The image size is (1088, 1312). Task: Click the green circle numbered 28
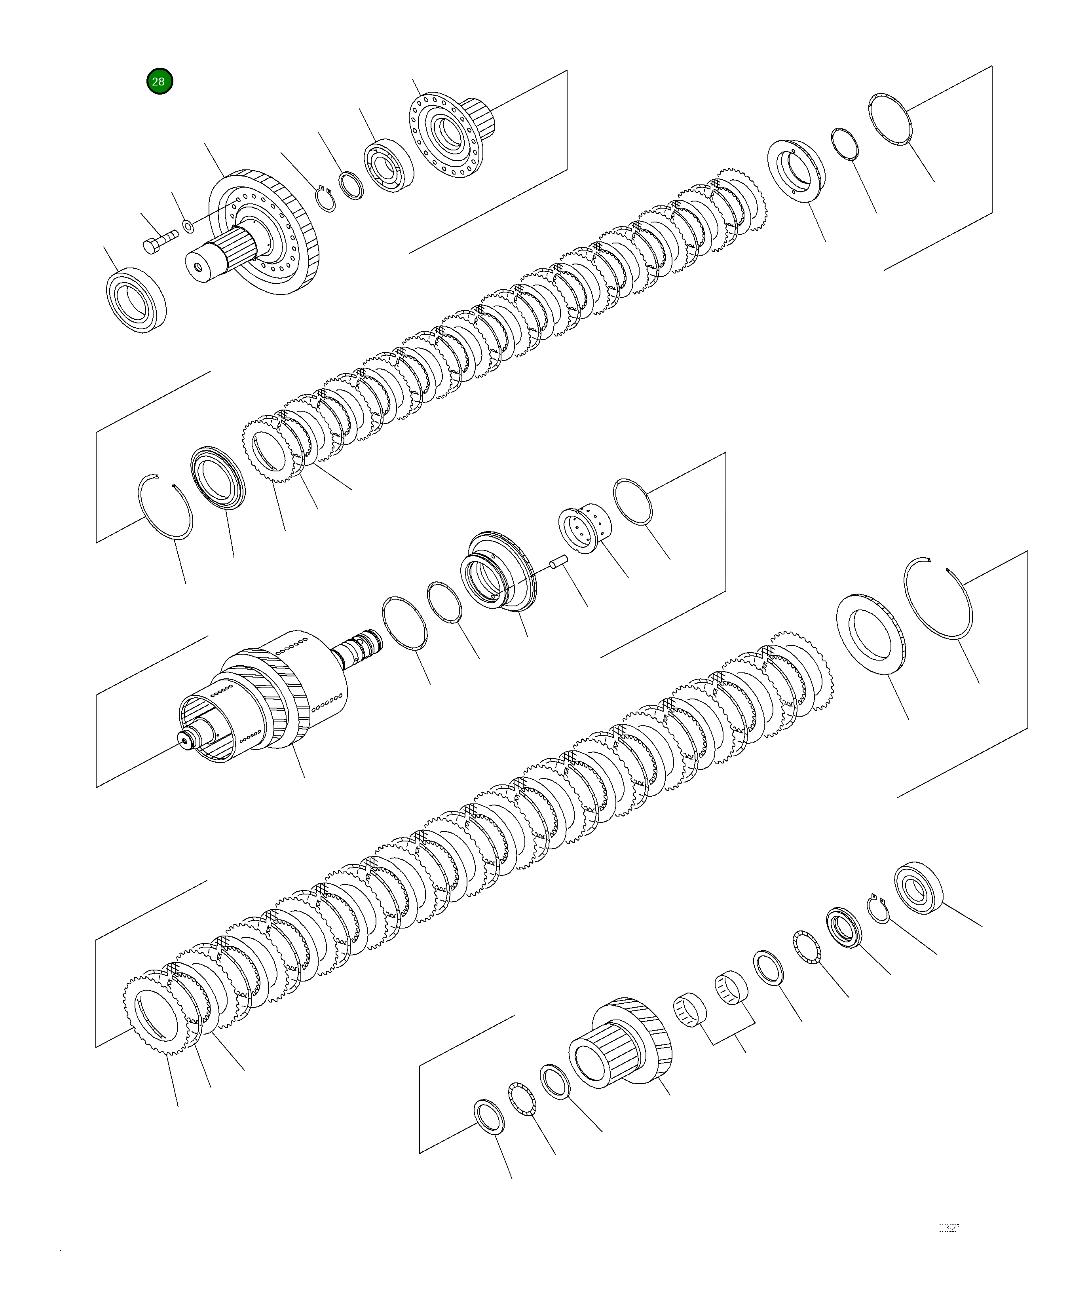(159, 81)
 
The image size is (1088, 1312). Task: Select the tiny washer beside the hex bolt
(187, 224)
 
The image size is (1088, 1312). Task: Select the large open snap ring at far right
(939, 598)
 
